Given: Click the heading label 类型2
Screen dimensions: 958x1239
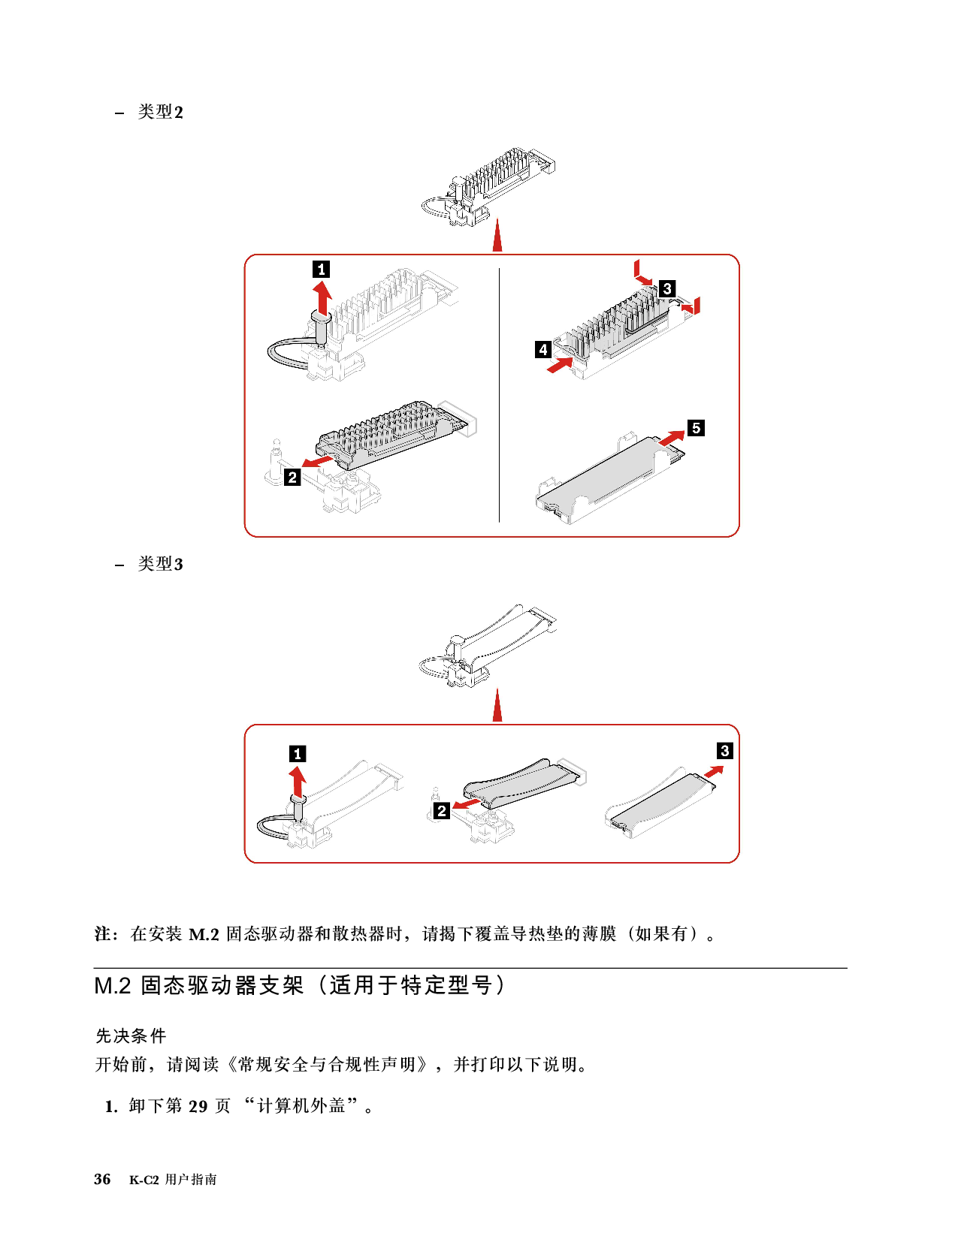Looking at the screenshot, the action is pos(160,112).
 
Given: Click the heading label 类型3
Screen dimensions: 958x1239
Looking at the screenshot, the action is pos(160,564).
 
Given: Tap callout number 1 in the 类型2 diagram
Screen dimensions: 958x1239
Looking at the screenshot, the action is pos(322,269).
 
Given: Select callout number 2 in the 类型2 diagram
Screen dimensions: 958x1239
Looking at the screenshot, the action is pos(292,477).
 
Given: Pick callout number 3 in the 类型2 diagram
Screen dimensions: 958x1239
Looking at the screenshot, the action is pos(667,288).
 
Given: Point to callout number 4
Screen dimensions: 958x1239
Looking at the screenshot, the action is pos(542,349).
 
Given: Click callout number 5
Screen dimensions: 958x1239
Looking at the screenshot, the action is pos(696,427).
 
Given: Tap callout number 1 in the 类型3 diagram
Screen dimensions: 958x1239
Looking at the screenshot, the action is pos(298,754).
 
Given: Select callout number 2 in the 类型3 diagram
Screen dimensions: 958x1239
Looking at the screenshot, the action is pos(442,810).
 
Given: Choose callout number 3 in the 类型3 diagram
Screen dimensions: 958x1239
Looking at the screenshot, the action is pos(724,750).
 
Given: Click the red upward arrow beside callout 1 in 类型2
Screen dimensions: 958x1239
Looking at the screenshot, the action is pos(322,297).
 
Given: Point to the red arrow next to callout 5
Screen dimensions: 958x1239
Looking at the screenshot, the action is pos(671,438).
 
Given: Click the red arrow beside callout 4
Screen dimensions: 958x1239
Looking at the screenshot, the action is pos(560,364).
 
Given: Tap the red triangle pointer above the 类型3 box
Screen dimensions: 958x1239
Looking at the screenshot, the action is pos(497,705).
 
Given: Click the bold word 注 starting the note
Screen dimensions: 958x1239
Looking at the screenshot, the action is pos(103,933).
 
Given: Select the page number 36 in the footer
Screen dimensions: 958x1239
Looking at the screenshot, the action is pos(102,1179).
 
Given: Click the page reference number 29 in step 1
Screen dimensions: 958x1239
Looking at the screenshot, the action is pos(198,1107).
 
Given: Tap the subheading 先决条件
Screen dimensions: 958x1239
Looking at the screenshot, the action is pos(131,1036).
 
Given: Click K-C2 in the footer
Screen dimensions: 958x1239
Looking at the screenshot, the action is pos(144,1180).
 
